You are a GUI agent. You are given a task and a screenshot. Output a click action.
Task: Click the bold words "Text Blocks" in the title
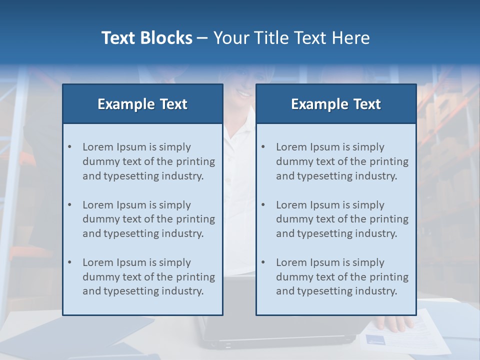coord(146,38)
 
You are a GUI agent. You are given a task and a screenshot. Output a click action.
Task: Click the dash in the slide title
coord(202,38)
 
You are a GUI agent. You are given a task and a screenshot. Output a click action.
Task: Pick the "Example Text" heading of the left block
coord(142,104)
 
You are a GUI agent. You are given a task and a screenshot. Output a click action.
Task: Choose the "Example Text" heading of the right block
coord(336,104)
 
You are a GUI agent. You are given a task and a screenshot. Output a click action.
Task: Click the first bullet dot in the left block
coord(70,147)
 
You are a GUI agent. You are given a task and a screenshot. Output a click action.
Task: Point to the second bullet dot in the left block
coord(70,205)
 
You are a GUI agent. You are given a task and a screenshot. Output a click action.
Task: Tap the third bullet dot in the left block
coord(70,262)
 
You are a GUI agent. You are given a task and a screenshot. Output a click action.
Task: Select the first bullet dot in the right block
coord(263,147)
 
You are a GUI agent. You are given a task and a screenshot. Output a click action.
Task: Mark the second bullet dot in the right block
coord(263,205)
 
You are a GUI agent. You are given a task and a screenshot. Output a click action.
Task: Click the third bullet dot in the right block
coord(263,262)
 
